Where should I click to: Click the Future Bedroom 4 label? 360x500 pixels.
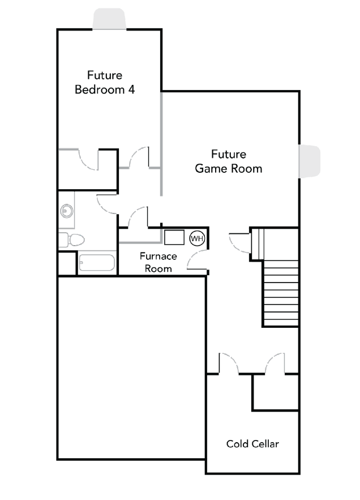105,82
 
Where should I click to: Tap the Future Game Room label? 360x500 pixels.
229,161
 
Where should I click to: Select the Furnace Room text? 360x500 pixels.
158,262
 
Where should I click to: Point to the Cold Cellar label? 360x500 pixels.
252,444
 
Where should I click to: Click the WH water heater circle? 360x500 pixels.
196,238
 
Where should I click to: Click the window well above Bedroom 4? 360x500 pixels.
109,19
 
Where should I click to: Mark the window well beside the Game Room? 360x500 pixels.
309,161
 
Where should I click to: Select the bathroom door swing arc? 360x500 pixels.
107,204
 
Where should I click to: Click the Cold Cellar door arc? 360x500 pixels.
229,362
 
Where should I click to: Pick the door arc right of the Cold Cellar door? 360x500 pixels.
274,362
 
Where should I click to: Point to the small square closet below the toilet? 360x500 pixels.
66,263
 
